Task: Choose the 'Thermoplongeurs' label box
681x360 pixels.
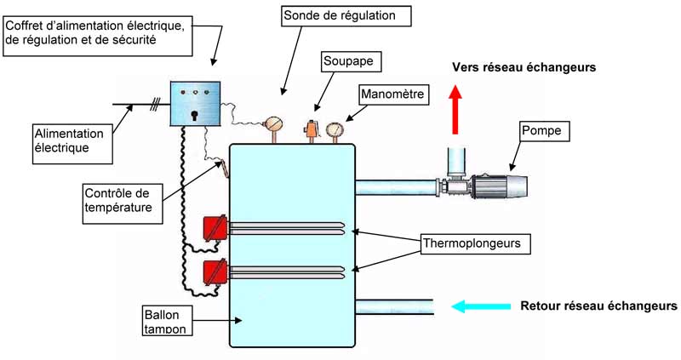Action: tap(476, 244)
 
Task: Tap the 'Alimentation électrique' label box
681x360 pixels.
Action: tap(70, 141)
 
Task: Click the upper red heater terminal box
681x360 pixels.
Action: tap(215, 228)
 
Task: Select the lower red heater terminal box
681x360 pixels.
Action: tap(215, 273)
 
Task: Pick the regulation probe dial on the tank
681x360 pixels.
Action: tap(274, 124)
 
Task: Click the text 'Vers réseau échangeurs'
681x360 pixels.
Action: tap(523, 66)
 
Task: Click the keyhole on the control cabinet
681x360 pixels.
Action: tap(195, 113)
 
